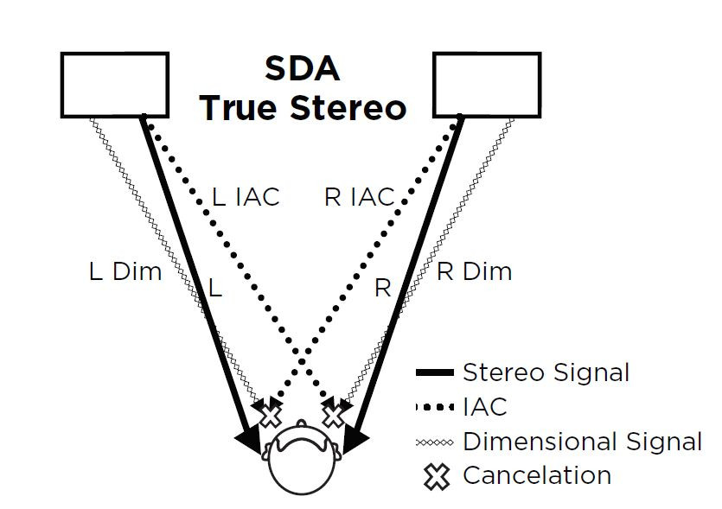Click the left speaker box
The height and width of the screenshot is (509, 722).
(114, 85)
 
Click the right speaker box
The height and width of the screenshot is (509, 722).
(487, 85)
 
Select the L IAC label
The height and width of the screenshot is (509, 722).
(246, 197)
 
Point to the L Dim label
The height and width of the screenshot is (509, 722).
(125, 271)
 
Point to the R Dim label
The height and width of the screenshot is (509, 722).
(474, 271)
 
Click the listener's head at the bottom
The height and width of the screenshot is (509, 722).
(302, 462)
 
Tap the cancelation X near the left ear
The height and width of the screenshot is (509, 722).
(271, 416)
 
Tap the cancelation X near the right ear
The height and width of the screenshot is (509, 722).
(334, 416)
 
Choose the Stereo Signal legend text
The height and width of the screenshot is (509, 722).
(546, 372)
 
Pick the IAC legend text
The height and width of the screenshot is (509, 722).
(485, 406)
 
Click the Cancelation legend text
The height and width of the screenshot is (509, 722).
(537, 475)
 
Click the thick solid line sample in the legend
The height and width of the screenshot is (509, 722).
(434, 373)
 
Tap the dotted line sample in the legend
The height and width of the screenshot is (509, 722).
(434, 406)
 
